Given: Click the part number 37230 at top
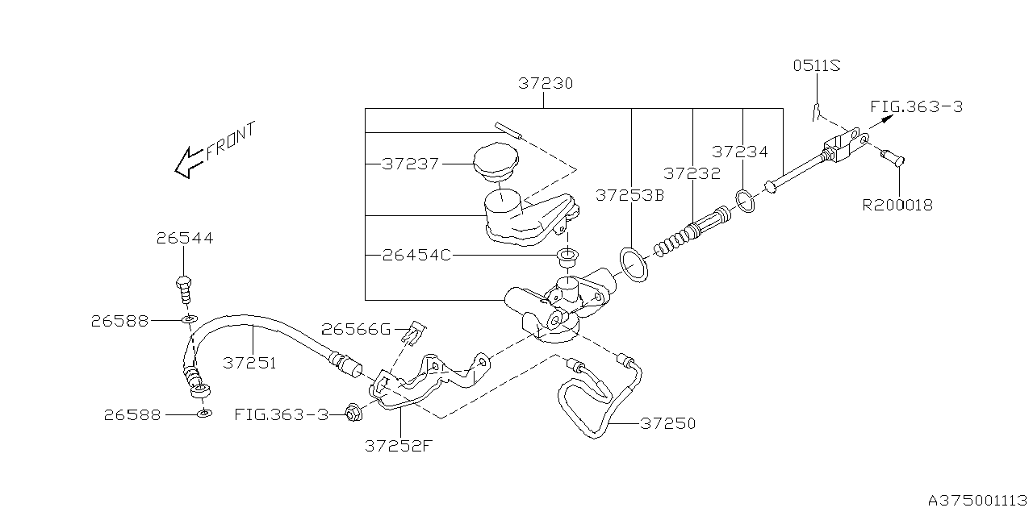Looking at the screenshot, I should click(546, 83).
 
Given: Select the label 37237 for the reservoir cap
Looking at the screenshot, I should click(411, 164).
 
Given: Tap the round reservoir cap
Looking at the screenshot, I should click(494, 164).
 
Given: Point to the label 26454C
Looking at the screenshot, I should click(416, 256).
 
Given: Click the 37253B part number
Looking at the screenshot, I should click(629, 195).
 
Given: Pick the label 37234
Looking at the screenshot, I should click(740, 152).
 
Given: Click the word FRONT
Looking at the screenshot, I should click(230, 140).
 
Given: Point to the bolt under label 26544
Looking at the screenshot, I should click(185, 286).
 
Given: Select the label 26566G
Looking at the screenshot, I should click(356, 329).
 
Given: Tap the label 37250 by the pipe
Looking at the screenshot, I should click(667, 422).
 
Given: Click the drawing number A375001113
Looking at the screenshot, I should click(977, 501).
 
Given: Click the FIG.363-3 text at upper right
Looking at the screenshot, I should click(916, 106).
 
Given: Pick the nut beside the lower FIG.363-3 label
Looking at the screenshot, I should click(352, 414).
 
